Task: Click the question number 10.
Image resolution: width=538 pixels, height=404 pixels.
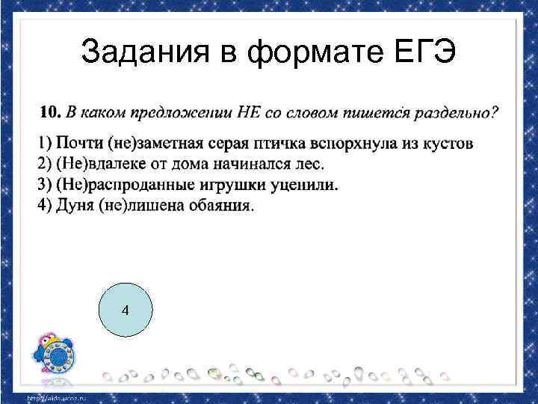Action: (49, 113)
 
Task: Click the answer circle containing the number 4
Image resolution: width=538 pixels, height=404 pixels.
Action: (125, 310)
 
